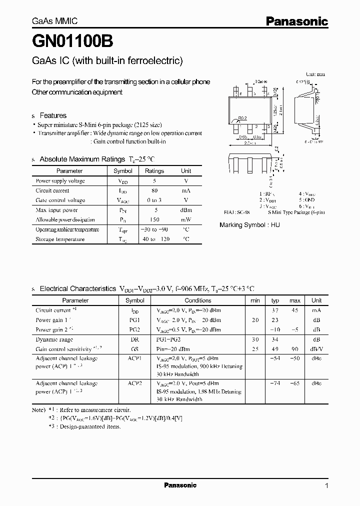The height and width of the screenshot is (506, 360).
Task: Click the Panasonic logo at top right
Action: point(296,21)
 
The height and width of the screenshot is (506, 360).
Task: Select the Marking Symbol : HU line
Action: point(249,225)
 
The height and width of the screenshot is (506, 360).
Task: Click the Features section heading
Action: point(52,115)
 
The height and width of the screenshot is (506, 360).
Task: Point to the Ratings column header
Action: point(154,171)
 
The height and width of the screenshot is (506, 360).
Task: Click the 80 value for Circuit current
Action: point(154,190)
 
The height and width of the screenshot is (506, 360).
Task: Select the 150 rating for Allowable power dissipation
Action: point(154,220)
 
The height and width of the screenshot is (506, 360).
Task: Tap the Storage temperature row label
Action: point(60,239)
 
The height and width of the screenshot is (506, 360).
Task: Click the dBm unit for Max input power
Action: point(186,210)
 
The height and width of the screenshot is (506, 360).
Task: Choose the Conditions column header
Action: point(198,300)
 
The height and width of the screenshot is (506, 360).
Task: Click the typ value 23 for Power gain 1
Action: point(274,320)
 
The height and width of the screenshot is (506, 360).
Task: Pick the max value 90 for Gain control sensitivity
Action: point(294,349)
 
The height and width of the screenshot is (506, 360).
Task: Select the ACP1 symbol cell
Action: point(134,358)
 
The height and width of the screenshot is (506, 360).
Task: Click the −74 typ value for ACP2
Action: point(274,383)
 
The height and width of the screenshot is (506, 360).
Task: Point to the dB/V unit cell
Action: point(316,349)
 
